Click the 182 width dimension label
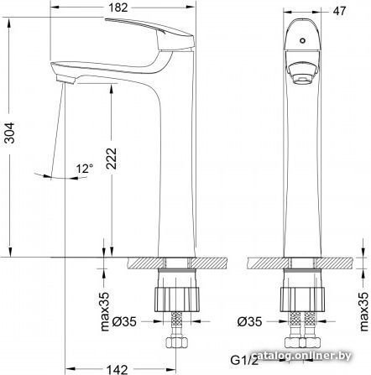[x=118, y=8]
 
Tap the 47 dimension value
[x=339, y=11]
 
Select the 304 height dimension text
[x=10, y=133]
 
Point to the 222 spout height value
[x=111, y=159]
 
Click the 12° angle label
[x=85, y=169]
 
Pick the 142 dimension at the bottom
[x=118, y=370]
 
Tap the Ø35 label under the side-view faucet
[x=124, y=321]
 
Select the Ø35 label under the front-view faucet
[x=250, y=321]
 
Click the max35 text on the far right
[x=364, y=311]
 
